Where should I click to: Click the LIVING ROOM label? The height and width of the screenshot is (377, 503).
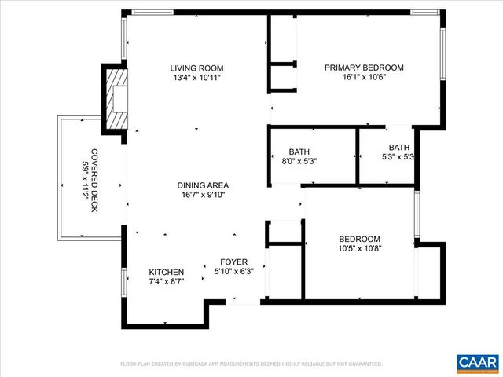point(196,68)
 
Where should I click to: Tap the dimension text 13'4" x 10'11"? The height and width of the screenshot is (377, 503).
point(196,78)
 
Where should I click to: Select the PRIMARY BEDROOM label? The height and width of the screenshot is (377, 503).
point(364,68)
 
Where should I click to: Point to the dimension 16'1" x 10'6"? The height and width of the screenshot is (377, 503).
point(364,78)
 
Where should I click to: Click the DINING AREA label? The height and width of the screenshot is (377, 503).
point(202,185)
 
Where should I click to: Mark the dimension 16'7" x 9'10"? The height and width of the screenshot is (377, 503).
point(202,196)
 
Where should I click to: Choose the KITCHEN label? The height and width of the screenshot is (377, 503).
point(167,272)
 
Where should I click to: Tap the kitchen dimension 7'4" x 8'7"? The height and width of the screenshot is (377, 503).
point(167,281)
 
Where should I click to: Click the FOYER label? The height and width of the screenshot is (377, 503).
point(233,262)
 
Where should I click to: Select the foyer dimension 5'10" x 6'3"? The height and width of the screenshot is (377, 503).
point(233,272)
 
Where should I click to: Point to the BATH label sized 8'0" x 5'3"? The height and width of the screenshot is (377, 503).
point(299,152)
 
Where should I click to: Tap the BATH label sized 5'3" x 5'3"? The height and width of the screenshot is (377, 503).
point(399,147)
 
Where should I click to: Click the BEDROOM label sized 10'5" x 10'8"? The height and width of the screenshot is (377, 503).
point(359,240)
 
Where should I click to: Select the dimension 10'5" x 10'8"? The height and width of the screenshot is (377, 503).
point(359,249)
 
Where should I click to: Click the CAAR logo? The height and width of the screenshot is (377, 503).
point(477,361)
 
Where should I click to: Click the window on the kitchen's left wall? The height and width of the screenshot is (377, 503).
point(123,282)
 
